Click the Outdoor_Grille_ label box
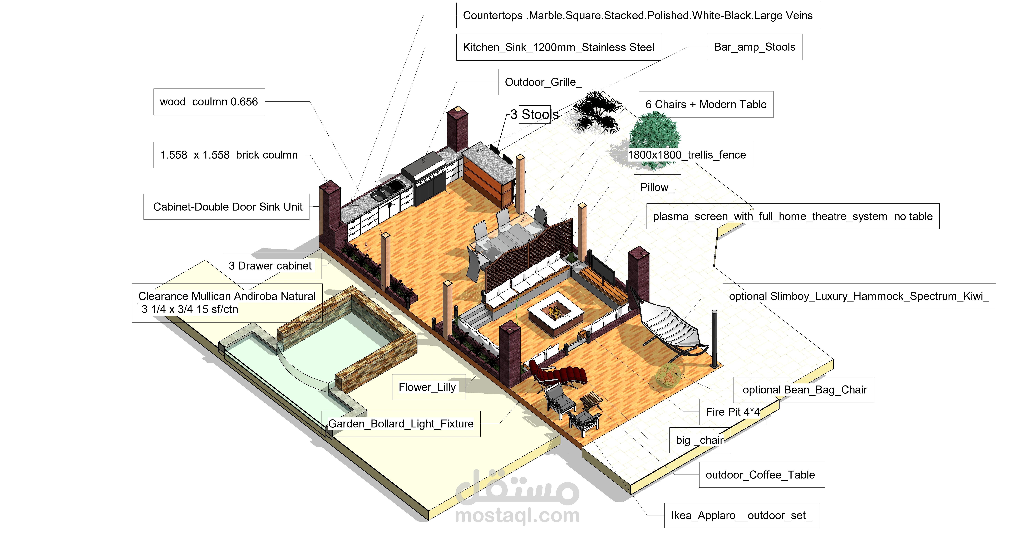tap(543, 82)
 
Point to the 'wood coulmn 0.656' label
tap(209, 102)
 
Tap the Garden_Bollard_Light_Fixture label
tap(401, 424)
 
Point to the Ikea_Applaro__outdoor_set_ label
tap(741, 515)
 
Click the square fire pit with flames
tap(556, 314)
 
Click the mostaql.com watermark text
tap(517, 515)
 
